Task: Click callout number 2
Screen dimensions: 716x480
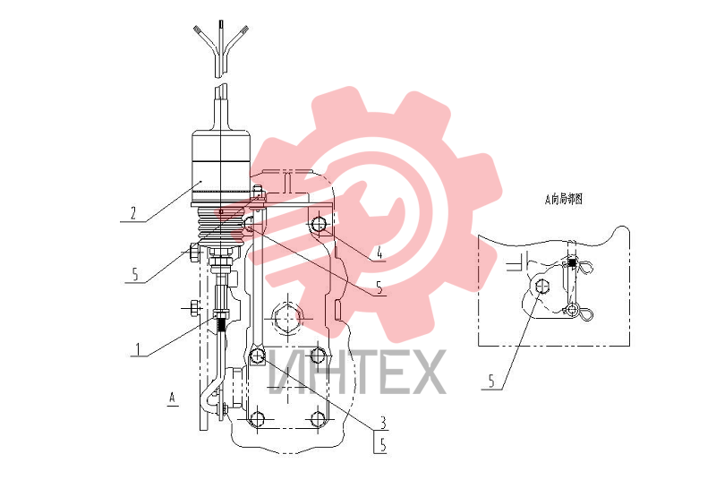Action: coord(132,213)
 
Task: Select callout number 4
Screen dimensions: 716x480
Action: coord(379,253)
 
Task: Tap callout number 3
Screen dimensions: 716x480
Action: coord(383,423)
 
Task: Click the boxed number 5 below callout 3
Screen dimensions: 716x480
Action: coord(383,445)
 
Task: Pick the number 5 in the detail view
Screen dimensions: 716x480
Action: coord(491,381)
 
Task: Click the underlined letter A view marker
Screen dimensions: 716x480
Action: coord(172,398)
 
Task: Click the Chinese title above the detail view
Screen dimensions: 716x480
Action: coord(564,200)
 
